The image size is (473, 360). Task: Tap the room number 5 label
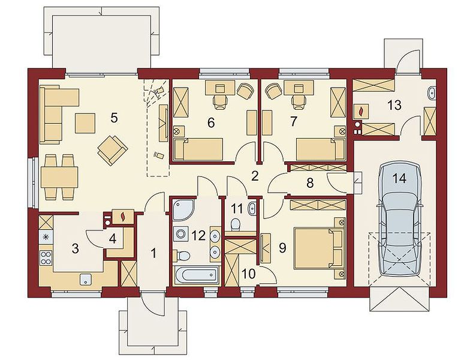coord(114,118)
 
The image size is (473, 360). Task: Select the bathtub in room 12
coord(197,274)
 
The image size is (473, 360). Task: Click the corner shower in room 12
coord(183,209)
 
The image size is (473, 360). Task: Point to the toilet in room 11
coord(235,224)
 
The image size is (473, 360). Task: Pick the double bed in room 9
coord(319,248)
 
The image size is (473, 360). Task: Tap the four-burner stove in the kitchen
coord(46,257)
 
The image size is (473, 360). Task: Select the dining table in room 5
coord(59,176)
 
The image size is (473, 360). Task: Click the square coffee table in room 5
coord(85,123)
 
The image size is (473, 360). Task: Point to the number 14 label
coord(399,178)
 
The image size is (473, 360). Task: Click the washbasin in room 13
coord(432,93)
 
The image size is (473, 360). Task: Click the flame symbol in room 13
coord(360,112)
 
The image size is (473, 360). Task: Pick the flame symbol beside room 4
coord(122,217)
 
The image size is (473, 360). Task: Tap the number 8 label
coord(310,183)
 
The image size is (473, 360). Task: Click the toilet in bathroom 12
coord(183,256)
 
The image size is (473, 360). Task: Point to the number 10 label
coord(249,274)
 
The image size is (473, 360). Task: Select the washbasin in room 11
coord(252,209)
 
